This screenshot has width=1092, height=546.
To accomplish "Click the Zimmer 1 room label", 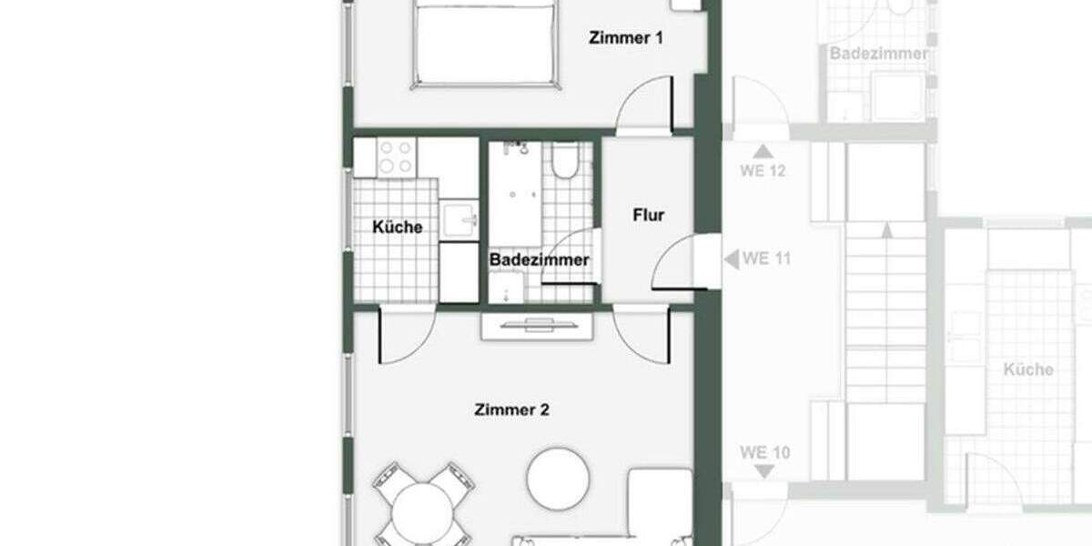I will pos(626,38).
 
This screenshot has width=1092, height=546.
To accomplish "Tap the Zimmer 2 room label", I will pos(511,409).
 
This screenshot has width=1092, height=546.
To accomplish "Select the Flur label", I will pos(649,216).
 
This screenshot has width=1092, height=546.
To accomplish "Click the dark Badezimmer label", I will pos(540,259).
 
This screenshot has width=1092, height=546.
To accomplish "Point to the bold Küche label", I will pos(398,227).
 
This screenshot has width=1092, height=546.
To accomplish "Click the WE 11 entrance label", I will pos(766,258).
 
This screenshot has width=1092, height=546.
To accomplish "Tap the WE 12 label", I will pos(763,171).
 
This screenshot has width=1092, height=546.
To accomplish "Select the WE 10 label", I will pos(764,452).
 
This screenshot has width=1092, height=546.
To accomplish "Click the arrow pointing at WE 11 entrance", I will pos(731,259).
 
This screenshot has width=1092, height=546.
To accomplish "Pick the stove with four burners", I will pos(397,157).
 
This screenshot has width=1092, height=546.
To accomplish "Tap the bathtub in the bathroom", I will pos(516,191).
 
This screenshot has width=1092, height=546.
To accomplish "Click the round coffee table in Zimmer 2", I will pos(559,479).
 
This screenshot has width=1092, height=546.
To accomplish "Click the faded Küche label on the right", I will pos(1028,369).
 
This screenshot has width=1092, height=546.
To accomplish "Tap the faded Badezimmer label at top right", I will pos(878,54).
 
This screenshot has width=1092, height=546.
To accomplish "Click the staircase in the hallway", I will pos(885,309).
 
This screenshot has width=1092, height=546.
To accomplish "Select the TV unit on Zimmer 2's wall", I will pos(529,326).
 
